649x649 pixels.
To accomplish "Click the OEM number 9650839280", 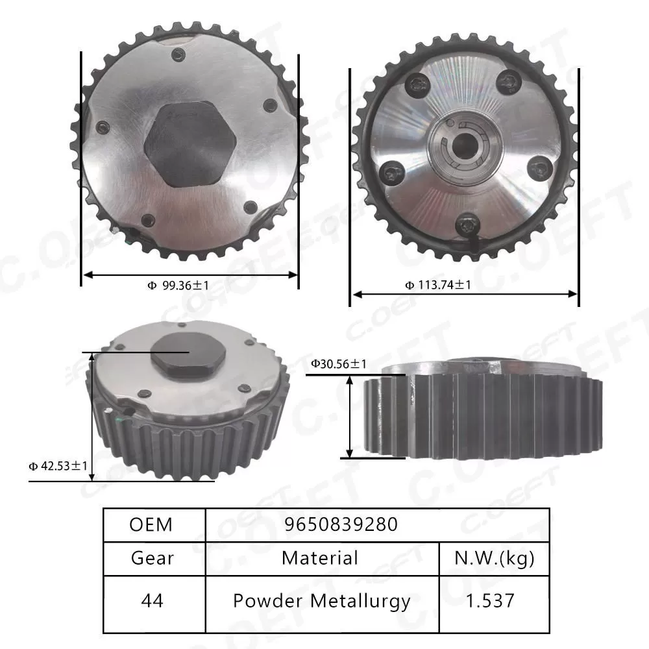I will point(341,524).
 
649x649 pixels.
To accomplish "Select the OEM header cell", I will point(151,524).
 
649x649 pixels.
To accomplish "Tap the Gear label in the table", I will point(153,557).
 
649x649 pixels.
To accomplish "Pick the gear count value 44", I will point(151,600).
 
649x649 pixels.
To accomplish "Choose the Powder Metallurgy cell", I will point(321,600).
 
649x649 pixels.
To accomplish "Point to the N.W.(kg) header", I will point(495,557).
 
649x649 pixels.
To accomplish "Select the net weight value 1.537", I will point(493,600).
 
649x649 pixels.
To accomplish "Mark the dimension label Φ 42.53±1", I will point(58,465).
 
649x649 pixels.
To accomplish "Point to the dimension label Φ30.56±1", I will point(338,364).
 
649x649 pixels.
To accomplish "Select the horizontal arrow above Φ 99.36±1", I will point(190,275).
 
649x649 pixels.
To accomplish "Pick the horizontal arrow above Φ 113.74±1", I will point(464,294).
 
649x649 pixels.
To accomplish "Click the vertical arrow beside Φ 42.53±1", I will point(92,415).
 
